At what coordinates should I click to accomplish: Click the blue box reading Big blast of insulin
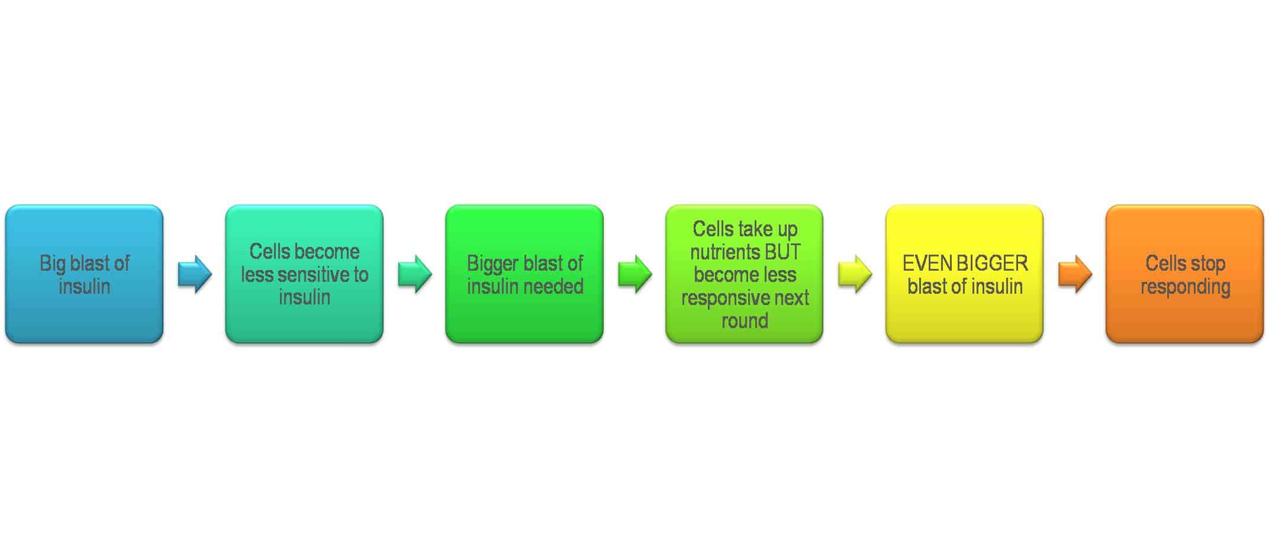[84, 274]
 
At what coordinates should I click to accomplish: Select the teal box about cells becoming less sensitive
[304, 274]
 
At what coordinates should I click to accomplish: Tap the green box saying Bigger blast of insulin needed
[524, 274]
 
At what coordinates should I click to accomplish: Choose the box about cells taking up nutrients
[745, 274]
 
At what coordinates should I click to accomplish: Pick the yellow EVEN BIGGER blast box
[965, 274]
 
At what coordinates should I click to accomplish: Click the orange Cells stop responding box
[1185, 274]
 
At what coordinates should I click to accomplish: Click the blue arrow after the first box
[195, 274]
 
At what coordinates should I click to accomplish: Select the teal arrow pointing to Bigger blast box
[415, 274]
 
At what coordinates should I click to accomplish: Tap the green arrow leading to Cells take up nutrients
[635, 274]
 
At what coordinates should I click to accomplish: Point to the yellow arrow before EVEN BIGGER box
[855, 274]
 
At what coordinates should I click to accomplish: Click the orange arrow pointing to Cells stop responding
[1075, 274]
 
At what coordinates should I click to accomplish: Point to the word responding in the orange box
[1186, 287]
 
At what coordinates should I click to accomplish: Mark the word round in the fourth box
[745, 321]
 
